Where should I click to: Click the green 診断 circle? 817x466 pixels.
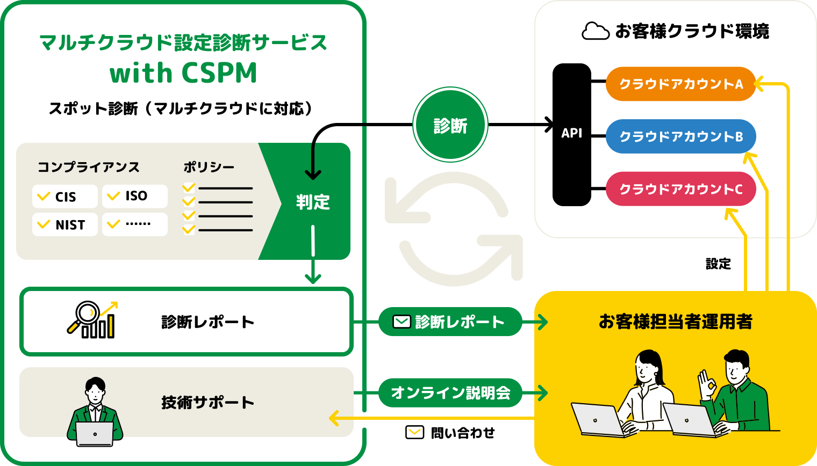click(450, 125)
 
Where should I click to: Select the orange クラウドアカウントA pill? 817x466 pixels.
click(680, 84)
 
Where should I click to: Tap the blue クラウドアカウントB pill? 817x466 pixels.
click(680, 136)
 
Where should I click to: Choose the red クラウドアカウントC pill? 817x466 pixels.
click(680, 189)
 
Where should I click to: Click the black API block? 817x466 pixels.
click(571, 134)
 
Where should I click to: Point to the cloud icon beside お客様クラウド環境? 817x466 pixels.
click(595, 31)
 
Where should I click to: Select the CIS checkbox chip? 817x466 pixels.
click(64, 196)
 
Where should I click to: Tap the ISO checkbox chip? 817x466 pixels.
click(134, 196)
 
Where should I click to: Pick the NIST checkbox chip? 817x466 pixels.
click(64, 224)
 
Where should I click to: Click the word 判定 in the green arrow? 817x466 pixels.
click(313, 202)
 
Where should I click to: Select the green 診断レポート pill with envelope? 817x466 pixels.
click(450, 322)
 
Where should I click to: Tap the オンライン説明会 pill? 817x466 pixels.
click(450, 392)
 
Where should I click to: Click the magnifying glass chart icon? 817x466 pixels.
click(92, 320)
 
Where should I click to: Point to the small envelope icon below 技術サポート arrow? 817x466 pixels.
click(414, 432)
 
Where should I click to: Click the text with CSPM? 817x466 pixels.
click(183, 73)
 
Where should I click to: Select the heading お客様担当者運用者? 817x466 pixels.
click(675, 322)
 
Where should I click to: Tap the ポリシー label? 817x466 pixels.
click(209, 167)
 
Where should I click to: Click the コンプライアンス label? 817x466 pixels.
click(88, 167)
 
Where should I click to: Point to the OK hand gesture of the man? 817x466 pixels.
click(706, 383)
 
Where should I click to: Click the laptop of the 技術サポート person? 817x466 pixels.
click(95, 434)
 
